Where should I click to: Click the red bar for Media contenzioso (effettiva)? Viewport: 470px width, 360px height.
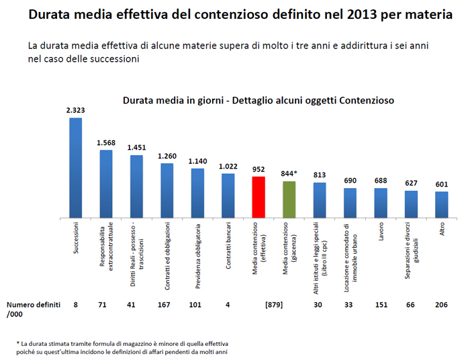point(258,197)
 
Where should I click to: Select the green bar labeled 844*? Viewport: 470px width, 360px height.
point(289,199)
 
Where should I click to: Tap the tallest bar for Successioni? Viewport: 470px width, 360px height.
point(76,168)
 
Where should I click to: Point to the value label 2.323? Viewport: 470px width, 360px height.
point(76,110)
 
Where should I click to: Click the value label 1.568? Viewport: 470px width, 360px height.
point(106,142)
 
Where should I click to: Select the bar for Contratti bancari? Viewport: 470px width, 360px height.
point(228,195)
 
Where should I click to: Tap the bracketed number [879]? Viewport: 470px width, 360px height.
point(273,304)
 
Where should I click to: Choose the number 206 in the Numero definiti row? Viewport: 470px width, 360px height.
point(441,304)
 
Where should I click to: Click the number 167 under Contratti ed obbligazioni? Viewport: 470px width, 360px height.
point(167,304)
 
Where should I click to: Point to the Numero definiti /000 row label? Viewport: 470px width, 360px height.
point(34,308)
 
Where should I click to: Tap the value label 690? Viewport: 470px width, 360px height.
point(350,181)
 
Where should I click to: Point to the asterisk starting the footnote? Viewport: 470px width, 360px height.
point(19,343)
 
